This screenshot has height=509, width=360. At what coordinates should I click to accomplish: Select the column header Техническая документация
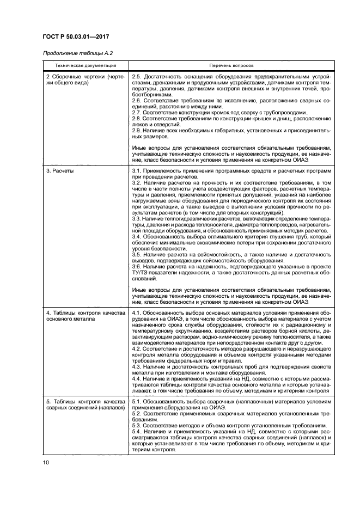86,65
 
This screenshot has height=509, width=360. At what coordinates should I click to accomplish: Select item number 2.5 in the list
137,76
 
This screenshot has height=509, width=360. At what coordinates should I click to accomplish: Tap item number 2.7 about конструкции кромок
137,112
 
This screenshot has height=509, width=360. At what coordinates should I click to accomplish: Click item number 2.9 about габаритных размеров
137,130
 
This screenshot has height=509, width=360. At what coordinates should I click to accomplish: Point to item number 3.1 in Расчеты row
137,171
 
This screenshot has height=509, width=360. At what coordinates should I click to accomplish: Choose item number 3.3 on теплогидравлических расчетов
137,218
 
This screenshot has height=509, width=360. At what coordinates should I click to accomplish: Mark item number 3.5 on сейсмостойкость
137,254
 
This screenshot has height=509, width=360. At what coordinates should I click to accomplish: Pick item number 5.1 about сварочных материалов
137,401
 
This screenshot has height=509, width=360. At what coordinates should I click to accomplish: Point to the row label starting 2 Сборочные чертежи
86,79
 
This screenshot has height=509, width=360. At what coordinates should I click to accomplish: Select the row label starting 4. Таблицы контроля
86,316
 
